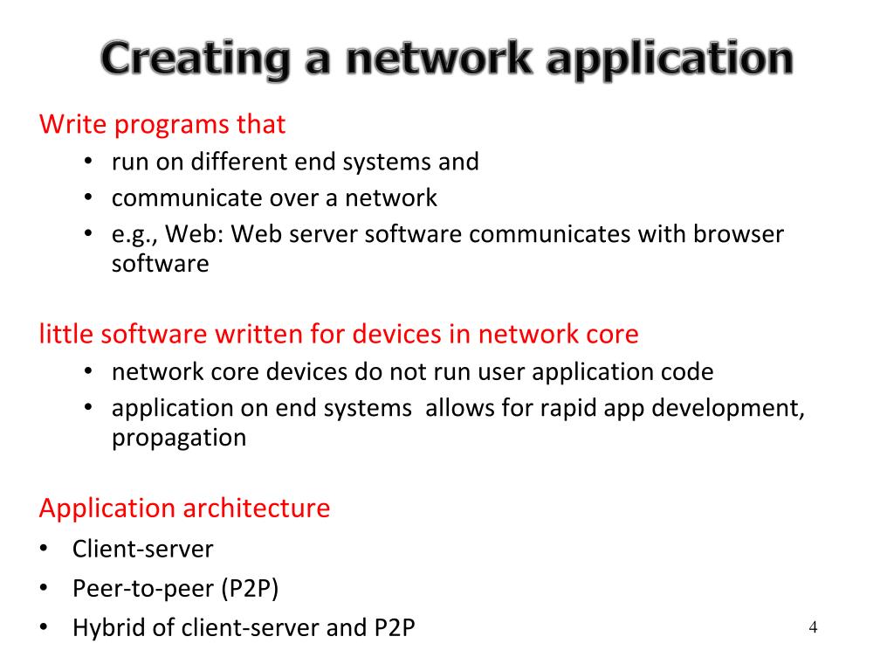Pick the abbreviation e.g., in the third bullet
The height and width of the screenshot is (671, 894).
pyautogui.click(x=134, y=235)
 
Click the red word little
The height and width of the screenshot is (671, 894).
pyautogui.click(x=67, y=334)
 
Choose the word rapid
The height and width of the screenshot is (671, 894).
pyautogui.click(x=540, y=409)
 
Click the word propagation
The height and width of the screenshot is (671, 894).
pyautogui.click(x=179, y=438)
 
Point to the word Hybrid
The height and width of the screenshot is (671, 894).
pyautogui.click(x=102, y=628)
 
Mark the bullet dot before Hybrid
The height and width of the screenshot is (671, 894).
pyautogui.click(x=44, y=628)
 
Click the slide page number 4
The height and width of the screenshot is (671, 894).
pyautogui.click(x=813, y=627)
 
